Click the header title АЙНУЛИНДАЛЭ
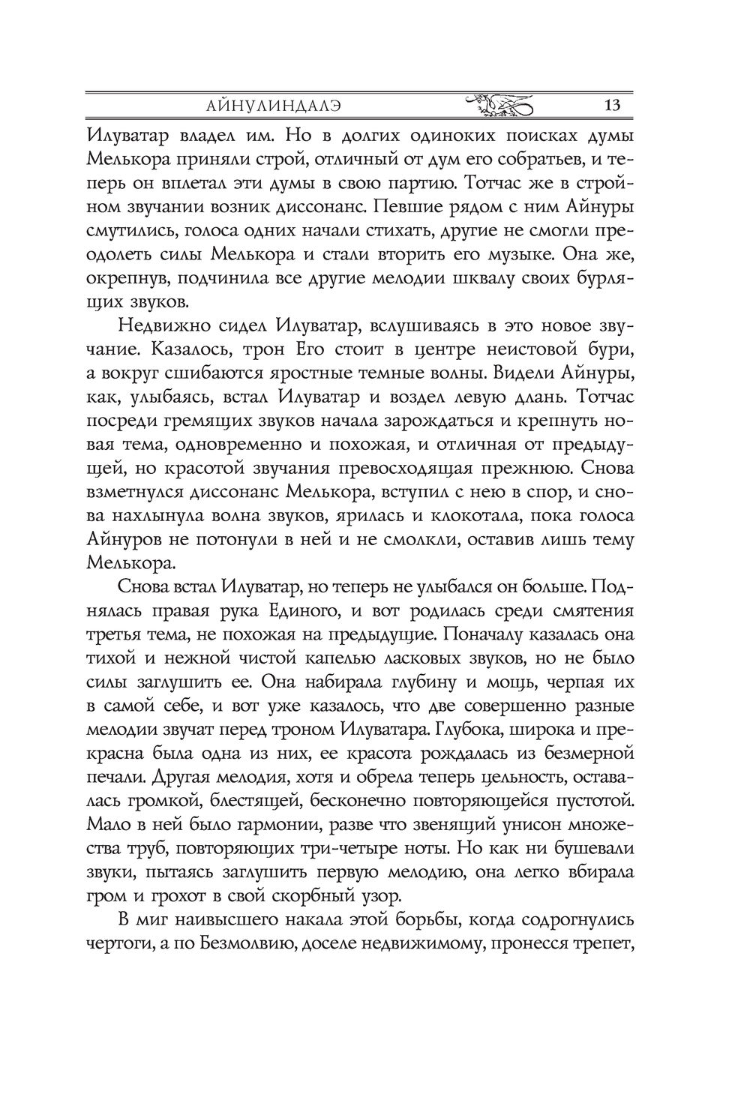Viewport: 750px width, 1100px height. [274, 105]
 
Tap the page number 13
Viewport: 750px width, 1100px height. [611, 105]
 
